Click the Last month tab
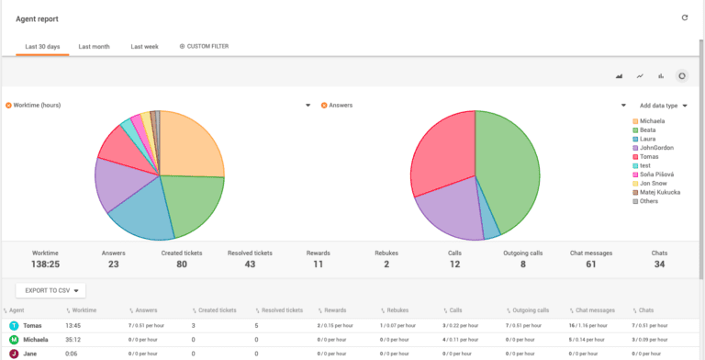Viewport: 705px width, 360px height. pyautogui.click(x=94, y=46)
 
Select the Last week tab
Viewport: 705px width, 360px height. pyautogui.click(x=144, y=46)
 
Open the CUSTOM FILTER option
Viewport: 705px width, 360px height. pyautogui.click(x=204, y=46)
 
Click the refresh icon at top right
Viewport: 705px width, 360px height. pyautogui.click(x=684, y=17)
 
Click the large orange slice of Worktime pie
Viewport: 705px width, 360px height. pyautogui.click(x=191, y=147)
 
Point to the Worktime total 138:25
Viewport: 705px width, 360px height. pyautogui.click(x=46, y=264)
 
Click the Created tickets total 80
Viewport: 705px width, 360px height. pyautogui.click(x=182, y=264)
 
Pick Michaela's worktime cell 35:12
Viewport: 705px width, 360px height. pyautogui.click(x=74, y=339)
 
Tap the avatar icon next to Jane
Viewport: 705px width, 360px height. pyautogui.click(x=14, y=353)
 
